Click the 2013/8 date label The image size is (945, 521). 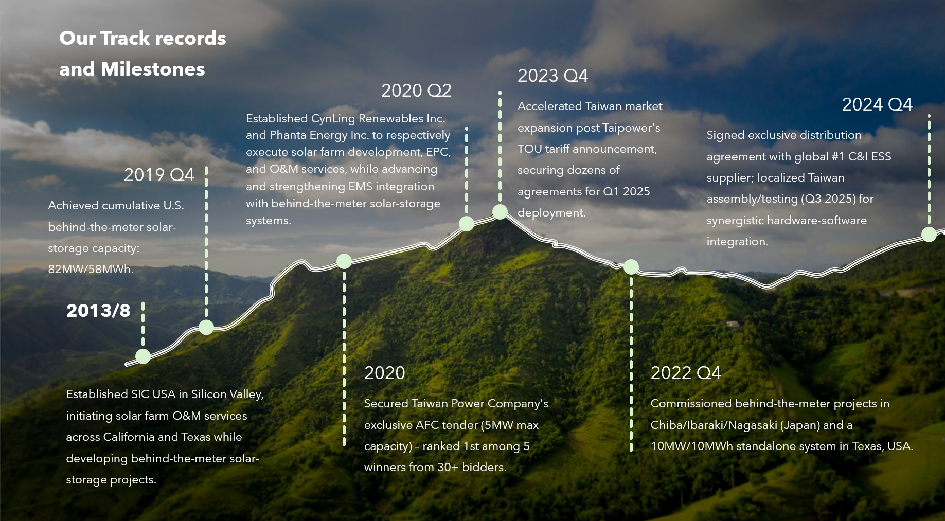tap(98, 311)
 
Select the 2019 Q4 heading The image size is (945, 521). tap(159, 175)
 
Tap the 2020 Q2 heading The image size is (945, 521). tap(416, 91)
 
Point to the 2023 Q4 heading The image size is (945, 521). tap(552, 76)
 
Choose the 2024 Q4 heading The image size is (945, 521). tap(877, 104)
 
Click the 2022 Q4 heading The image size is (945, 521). tap(686, 373)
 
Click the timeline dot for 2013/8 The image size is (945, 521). tap(143, 356)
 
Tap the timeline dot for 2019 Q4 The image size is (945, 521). tap(206, 327)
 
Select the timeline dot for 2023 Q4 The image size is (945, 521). tap(500, 211)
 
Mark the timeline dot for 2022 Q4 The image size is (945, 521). tap(631, 267)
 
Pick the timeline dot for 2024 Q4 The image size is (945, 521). tap(929, 235)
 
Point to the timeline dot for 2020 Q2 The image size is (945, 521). tap(467, 224)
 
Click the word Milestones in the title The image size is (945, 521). tap(153, 69)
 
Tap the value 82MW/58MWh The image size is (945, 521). tap(91, 269)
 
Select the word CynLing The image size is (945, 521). tap(333, 119)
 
